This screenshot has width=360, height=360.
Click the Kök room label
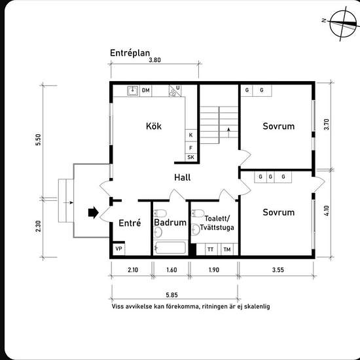[x=154, y=126]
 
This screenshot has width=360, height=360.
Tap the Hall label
[x=183, y=177]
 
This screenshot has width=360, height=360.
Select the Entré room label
[x=130, y=223]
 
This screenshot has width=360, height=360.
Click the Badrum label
[x=167, y=223]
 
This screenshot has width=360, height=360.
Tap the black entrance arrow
[x=92, y=212]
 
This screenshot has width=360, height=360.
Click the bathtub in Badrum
[x=170, y=248]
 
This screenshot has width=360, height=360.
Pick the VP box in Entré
[x=118, y=249]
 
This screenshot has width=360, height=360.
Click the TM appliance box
[x=227, y=249]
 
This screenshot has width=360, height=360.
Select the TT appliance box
[x=211, y=249]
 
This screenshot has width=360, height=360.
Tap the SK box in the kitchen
[x=191, y=157]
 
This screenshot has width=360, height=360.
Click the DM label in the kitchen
[x=146, y=90]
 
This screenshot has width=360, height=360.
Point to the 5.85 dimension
[x=171, y=295]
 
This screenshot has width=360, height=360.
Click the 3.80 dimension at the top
[x=154, y=60]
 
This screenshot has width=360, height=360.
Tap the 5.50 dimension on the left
[x=38, y=139]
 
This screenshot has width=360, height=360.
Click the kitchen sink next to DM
[x=132, y=90]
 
